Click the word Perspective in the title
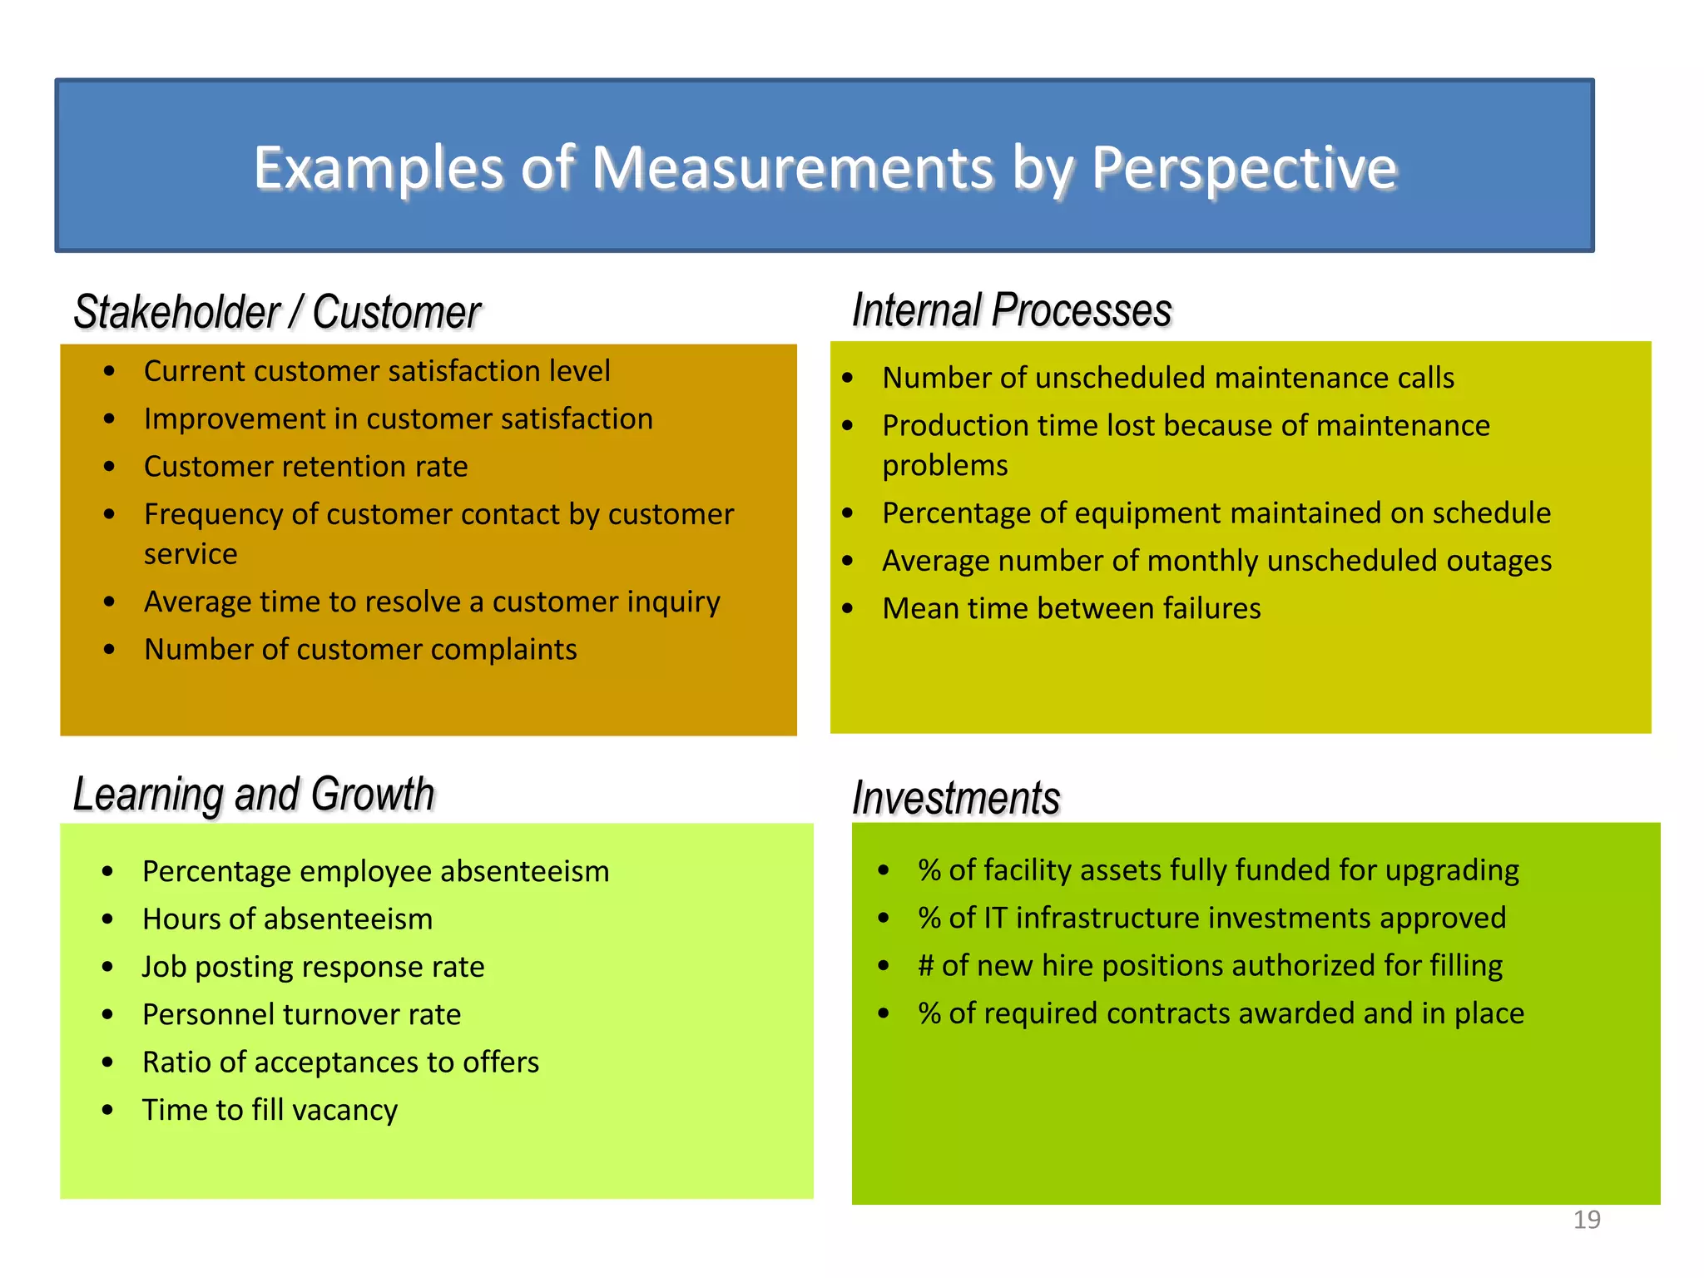coord(1244,168)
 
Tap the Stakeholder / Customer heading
coord(277,313)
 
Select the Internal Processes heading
coord(1012,310)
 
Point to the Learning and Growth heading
coord(254,794)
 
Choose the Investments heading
coord(956,798)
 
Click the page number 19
coord(1587,1220)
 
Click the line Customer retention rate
coord(305,467)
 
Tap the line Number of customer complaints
coord(360,650)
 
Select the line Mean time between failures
coord(1071,609)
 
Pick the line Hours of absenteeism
coord(287,919)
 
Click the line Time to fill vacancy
coord(270,1111)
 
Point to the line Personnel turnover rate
coord(301,1015)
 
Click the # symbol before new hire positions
coord(926,966)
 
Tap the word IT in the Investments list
coord(995,918)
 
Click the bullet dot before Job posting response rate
coord(107,967)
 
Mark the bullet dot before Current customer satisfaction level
coord(109,371)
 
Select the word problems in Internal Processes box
coord(944,466)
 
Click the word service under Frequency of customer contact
coord(191,554)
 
